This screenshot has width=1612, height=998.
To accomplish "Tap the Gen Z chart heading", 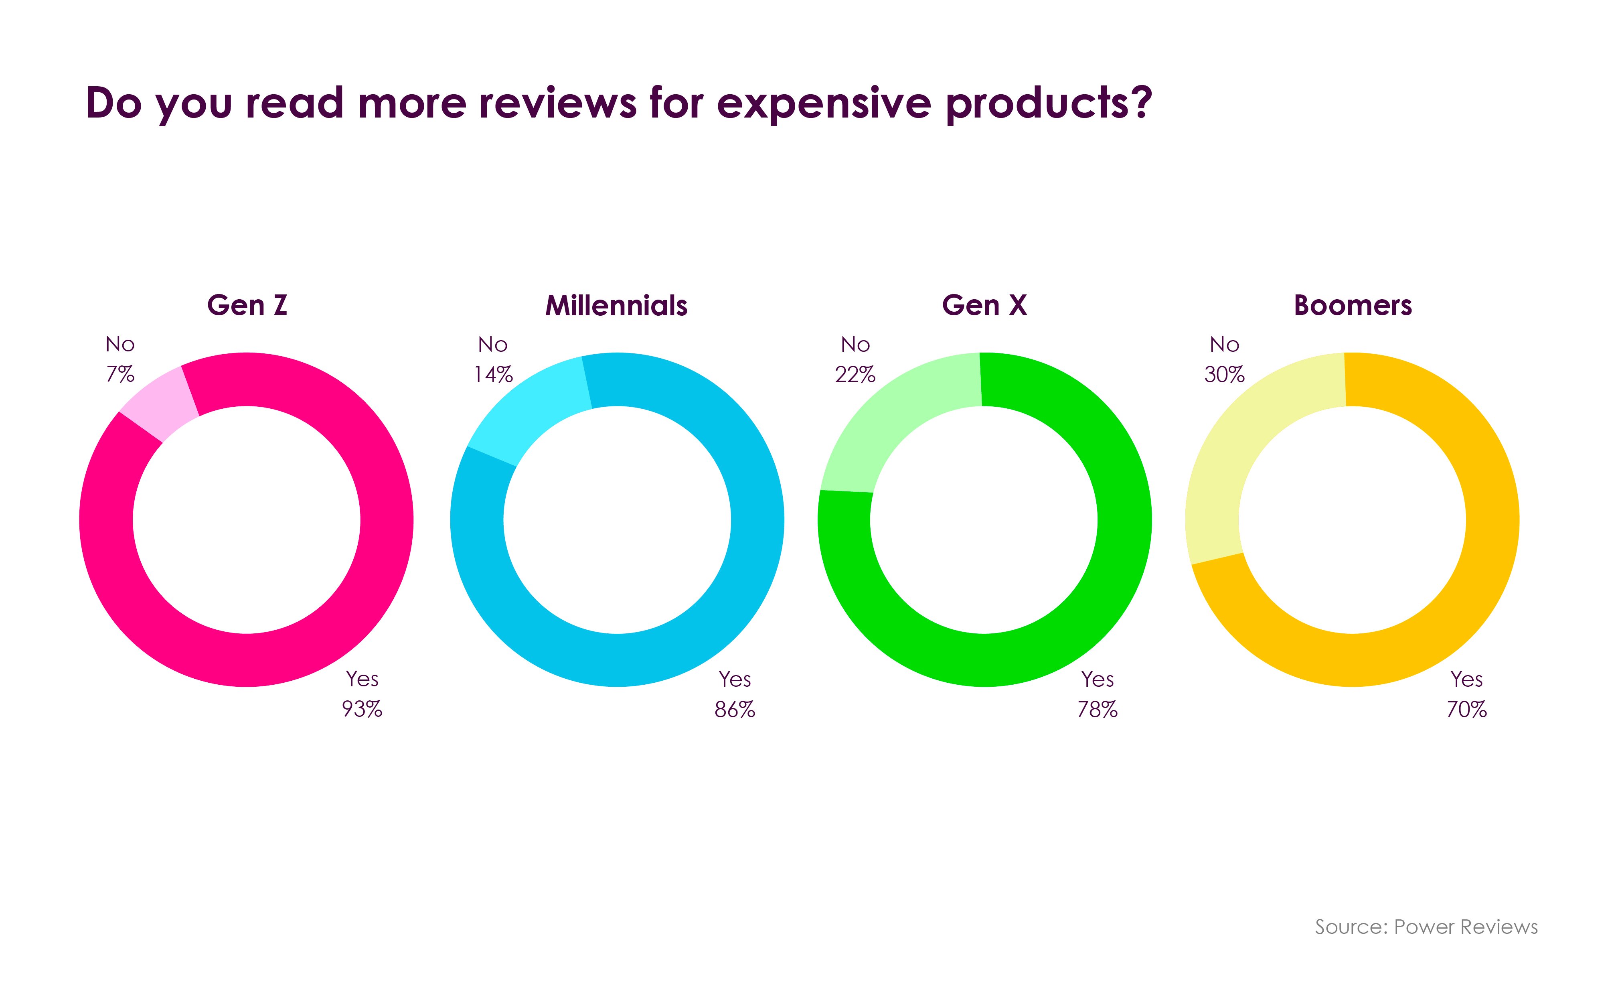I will (x=247, y=306).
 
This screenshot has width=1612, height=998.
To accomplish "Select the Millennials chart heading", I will (x=616, y=306).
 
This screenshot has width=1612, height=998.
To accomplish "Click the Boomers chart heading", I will (x=1353, y=306).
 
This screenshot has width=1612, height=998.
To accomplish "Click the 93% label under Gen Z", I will (x=362, y=709).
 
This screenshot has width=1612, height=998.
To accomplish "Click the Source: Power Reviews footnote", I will (x=1426, y=927).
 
